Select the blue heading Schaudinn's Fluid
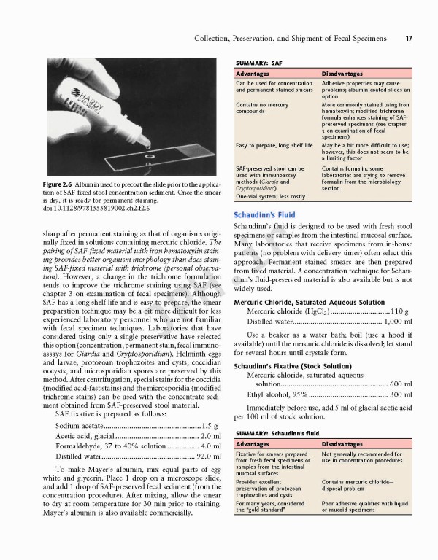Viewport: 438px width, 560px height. [264, 215]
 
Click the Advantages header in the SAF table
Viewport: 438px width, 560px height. [254, 74]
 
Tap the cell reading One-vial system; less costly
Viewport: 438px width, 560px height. [271, 196]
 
